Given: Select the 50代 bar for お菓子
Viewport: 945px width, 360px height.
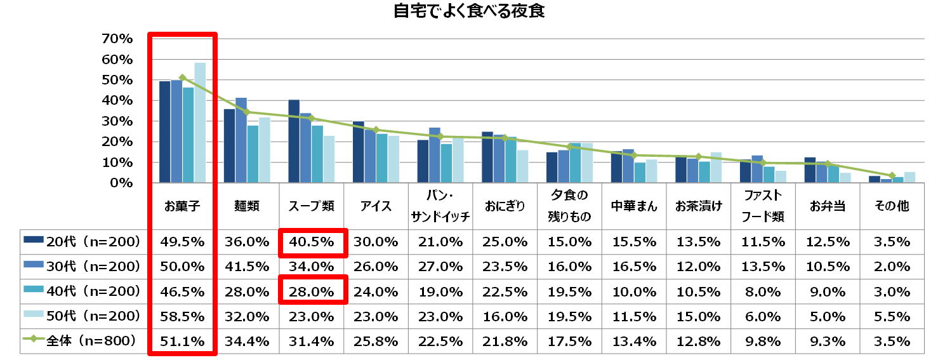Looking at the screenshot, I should (x=199, y=123).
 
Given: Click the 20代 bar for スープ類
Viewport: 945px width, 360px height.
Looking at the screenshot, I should (x=293, y=141).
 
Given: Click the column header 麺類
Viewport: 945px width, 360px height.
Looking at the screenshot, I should (x=247, y=206).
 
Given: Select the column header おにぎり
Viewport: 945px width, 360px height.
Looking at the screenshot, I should (x=505, y=206).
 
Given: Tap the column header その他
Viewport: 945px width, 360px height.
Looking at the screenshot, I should (x=892, y=206).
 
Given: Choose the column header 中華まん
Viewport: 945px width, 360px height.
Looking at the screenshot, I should (x=633, y=206).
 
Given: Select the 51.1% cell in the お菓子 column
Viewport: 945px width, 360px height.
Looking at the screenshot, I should (x=183, y=342).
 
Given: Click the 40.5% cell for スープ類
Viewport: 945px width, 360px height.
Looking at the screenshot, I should (x=312, y=242).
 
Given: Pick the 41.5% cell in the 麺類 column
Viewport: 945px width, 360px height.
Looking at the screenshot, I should (x=247, y=267).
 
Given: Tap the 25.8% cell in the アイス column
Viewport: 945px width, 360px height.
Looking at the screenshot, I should (x=376, y=342).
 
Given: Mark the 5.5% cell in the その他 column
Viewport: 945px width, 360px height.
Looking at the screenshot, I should (x=892, y=316).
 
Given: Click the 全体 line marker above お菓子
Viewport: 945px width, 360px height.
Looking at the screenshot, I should (x=182, y=77).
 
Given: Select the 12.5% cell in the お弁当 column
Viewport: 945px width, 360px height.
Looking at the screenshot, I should (x=827, y=242).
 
